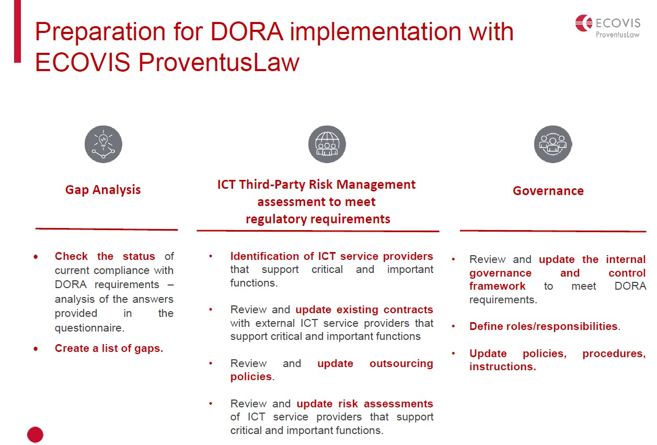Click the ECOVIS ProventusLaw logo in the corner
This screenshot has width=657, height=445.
click(608, 26)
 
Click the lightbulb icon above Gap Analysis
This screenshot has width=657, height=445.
click(103, 144)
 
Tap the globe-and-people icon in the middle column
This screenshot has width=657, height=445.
click(327, 144)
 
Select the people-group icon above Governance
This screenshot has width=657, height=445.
click(553, 144)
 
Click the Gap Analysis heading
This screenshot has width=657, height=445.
click(103, 190)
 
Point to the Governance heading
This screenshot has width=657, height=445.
click(548, 191)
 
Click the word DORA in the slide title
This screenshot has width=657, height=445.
click(247, 31)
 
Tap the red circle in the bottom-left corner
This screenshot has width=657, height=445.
click(35, 435)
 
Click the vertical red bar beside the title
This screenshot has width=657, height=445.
click(17, 31)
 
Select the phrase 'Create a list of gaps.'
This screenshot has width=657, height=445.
click(109, 348)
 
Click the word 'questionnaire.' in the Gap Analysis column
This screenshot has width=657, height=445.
click(89, 328)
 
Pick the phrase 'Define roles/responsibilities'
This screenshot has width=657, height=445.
click(544, 326)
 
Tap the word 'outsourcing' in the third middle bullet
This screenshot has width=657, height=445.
click(401, 363)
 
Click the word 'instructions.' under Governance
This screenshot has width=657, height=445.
click(502, 367)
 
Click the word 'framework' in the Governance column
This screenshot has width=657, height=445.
click(498, 286)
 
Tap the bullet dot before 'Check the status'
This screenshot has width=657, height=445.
click(36, 257)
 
